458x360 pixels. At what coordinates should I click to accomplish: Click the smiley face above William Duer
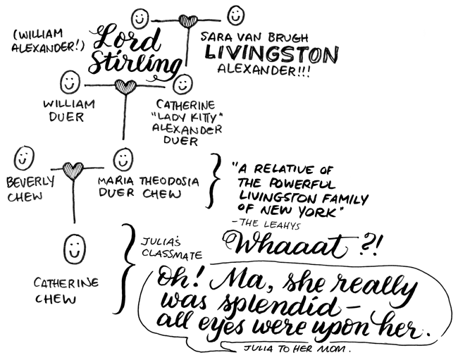(70, 82)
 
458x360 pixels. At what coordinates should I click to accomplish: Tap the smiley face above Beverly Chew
(24, 158)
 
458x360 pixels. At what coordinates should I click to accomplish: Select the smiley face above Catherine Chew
(75, 249)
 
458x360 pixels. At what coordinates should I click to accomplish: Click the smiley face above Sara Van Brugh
(236, 15)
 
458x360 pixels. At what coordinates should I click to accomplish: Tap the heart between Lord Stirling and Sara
(188, 21)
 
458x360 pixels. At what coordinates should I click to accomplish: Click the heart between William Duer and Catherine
(125, 87)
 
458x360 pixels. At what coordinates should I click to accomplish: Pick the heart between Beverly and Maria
(73, 170)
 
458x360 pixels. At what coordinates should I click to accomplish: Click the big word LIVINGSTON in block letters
(272, 54)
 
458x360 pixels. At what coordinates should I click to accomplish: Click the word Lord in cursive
(127, 37)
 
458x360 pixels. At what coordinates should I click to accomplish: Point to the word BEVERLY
(30, 182)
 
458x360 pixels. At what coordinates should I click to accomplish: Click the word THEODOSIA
(169, 182)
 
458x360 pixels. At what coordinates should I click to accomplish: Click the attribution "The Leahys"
(266, 224)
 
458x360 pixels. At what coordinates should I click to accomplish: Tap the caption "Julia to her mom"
(297, 348)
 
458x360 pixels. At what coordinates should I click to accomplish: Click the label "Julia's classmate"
(172, 249)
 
